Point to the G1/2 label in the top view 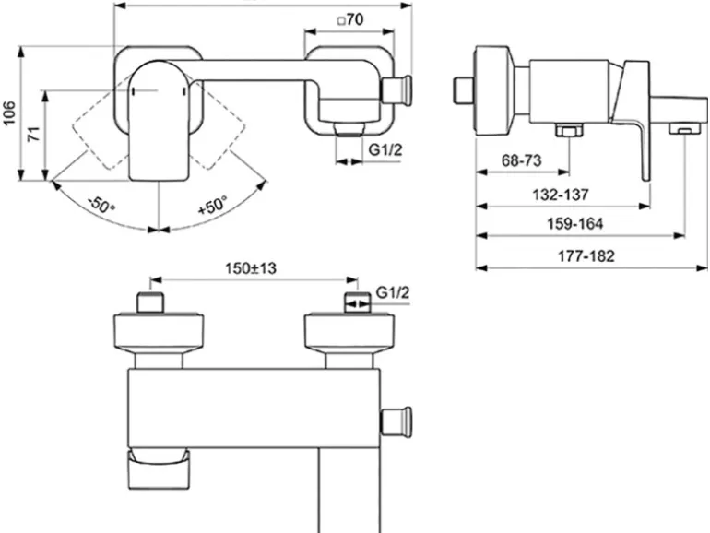(x=393, y=292)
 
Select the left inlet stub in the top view (x=149, y=303)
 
